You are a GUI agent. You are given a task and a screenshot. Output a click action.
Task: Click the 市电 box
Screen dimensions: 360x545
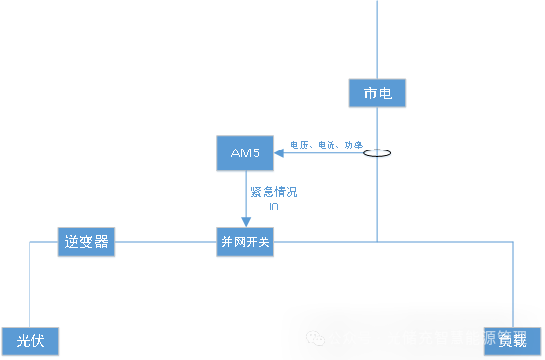[x=377, y=94]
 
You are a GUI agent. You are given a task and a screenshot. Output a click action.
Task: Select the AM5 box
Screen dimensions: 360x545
[x=245, y=152]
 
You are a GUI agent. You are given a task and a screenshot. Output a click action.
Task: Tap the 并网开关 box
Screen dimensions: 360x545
[x=245, y=242]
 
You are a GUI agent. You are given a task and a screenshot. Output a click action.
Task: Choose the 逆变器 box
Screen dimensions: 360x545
[x=87, y=242]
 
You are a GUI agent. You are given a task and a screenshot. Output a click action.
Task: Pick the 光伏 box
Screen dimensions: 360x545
[x=30, y=341]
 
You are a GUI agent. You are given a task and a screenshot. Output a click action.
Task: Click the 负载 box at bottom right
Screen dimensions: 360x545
[x=513, y=340]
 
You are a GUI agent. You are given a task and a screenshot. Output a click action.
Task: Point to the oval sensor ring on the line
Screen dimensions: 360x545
[x=377, y=153]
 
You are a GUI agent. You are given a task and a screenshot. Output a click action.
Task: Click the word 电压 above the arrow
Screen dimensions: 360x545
[x=299, y=145]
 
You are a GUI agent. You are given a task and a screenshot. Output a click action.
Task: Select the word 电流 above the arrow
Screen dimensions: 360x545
[x=326, y=145]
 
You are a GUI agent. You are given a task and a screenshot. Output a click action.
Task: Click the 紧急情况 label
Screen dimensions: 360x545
[x=274, y=192]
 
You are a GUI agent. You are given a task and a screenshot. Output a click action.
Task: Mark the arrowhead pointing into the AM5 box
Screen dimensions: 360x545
[x=279, y=152]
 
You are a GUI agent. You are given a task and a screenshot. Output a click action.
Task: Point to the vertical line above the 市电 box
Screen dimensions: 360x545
[x=377, y=39]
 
